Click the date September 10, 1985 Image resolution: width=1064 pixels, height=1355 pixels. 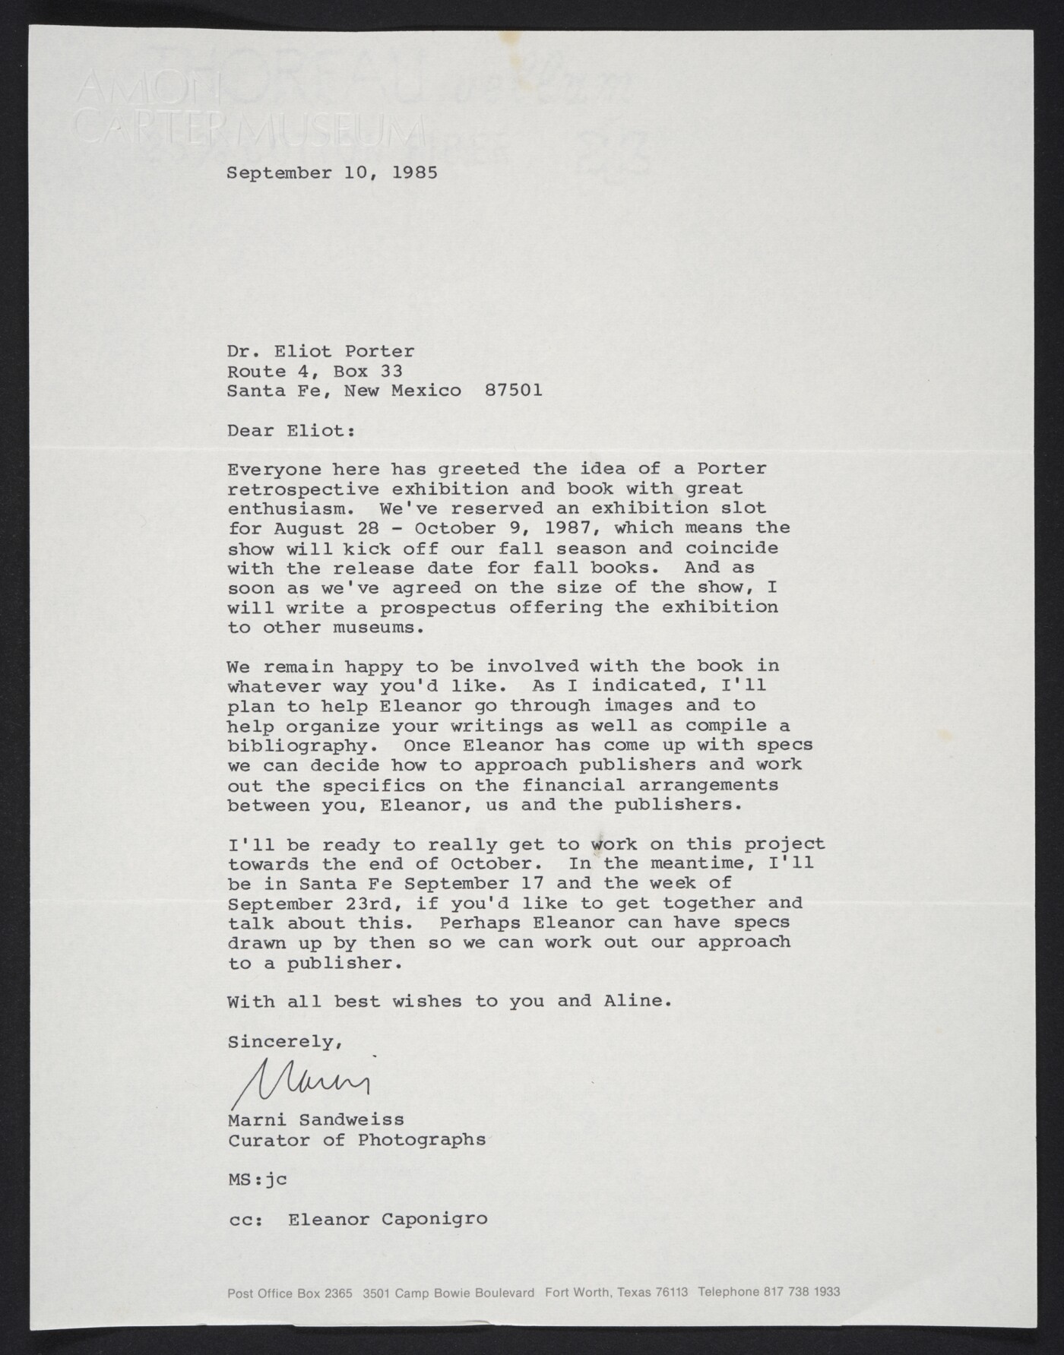coord(332,173)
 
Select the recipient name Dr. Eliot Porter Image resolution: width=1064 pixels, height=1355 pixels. coord(321,351)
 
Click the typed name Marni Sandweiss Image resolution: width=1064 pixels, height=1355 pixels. coord(315,1119)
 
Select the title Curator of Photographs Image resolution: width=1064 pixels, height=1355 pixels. coord(356,1139)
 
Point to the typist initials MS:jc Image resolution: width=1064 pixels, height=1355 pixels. coord(257,1179)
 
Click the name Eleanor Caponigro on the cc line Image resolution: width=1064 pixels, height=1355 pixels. coord(388,1219)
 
